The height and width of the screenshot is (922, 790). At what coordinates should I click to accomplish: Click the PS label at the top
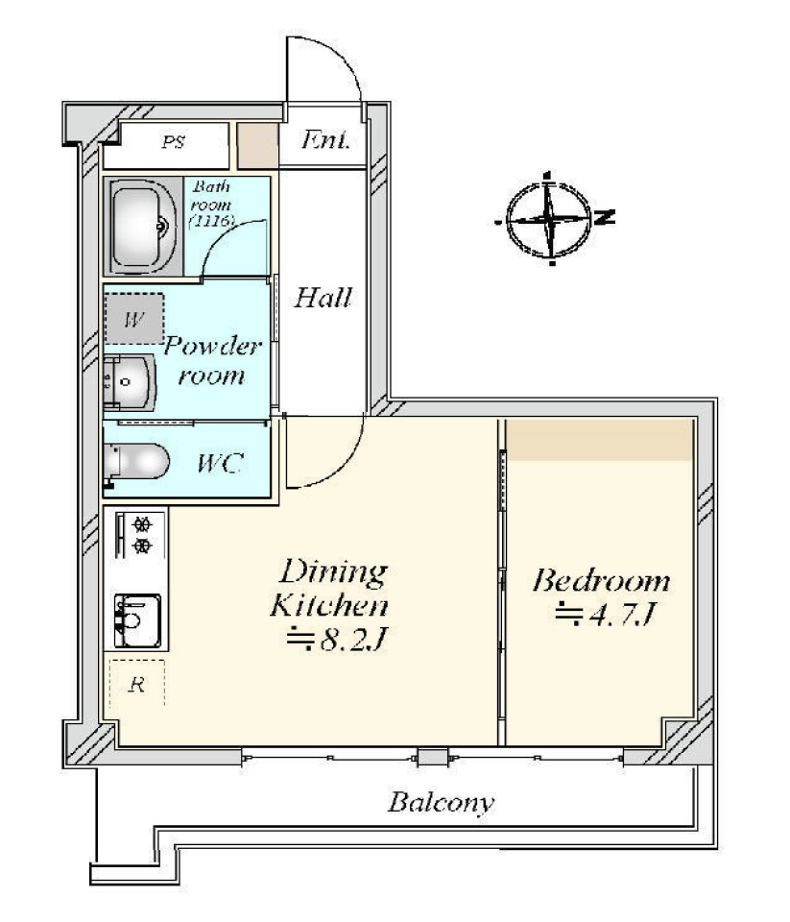(x=174, y=142)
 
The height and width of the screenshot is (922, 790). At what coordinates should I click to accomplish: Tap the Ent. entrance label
(x=325, y=140)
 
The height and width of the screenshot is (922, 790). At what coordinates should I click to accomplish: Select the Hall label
(x=323, y=298)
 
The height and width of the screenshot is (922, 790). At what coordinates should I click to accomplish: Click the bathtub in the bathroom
(x=143, y=227)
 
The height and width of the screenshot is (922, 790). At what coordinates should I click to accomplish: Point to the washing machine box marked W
(x=134, y=319)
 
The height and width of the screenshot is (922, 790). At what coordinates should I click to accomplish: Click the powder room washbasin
(x=130, y=382)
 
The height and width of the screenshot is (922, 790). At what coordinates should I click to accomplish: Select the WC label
(x=219, y=463)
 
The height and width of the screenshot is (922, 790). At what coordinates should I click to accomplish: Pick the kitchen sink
(x=138, y=620)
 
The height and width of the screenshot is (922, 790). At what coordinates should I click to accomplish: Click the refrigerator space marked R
(x=137, y=683)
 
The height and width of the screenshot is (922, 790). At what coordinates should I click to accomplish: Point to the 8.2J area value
(x=336, y=640)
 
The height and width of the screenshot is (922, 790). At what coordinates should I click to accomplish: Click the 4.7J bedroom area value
(x=605, y=615)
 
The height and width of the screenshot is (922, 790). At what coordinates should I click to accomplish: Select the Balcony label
(x=441, y=802)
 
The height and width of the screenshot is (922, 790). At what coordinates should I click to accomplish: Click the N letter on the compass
(x=605, y=217)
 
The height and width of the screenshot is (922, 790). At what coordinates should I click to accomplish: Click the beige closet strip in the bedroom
(x=600, y=439)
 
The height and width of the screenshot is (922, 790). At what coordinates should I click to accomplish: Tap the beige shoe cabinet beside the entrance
(x=257, y=145)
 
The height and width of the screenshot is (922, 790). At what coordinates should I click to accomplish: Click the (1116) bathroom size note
(x=211, y=222)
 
